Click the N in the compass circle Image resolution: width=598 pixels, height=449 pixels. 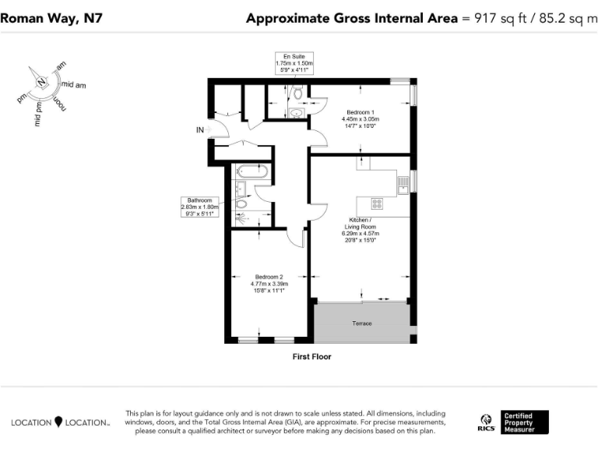41,80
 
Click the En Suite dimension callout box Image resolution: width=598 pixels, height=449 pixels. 294,63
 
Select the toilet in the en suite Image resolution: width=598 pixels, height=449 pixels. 297,94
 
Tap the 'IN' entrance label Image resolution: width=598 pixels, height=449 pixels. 200,130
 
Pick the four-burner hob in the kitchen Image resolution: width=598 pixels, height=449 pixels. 377,204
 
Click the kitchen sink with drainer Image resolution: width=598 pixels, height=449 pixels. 403,184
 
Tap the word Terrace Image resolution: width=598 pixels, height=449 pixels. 361,323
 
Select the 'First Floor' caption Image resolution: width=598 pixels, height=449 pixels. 311,356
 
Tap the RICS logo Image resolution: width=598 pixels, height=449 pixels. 487,422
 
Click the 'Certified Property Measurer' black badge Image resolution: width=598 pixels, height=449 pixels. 525,422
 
